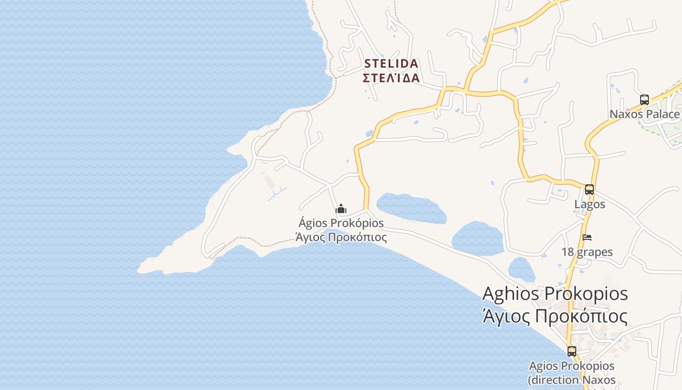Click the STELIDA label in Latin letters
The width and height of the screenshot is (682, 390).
pyautogui.click(x=391, y=64)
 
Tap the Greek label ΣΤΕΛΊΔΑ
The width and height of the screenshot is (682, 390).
pyautogui.click(x=391, y=78)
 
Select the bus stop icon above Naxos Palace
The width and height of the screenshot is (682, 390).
pyautogui.click(x=644, y=100)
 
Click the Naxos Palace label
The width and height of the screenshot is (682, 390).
pyautogui.click(x=644, y=115)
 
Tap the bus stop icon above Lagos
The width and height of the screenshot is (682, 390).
pyautogui.click(x=589, y=190)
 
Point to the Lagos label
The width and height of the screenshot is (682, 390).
pyautogui.click(x=589, y=204)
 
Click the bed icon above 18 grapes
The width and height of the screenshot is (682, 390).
pyautogui.click(x=587, y=237)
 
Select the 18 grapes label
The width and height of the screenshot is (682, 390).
pyautogui.click(x=587, y=252)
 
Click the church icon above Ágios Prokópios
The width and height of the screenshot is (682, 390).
pyautogui.click(x=341, y=209)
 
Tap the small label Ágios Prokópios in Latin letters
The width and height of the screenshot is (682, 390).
pyautogui.click(x=341, y=223)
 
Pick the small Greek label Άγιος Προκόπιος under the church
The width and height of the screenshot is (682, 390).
pyautogui.click(x=341, y=237)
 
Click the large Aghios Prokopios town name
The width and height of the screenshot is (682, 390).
pyautogui.click(x=555, y=294)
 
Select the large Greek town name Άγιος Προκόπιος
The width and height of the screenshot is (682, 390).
pyautogui.click(x=555, y=316)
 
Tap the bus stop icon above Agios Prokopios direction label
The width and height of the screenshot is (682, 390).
pyautogui.click(x=571, y=351)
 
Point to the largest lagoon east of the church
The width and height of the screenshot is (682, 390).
pyautogui.click(x=412, y=208)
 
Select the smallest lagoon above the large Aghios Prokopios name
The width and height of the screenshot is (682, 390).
pyautogui.click(x=521, y=269)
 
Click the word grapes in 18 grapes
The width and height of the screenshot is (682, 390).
pyautogui.click(x=594, y=252)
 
